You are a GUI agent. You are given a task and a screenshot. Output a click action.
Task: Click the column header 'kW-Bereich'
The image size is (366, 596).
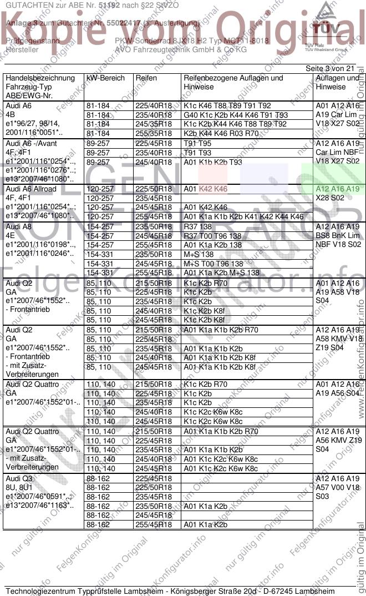click(x=105, y=78)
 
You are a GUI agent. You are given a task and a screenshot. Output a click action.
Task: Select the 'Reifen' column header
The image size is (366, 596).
click(x=146, y=78)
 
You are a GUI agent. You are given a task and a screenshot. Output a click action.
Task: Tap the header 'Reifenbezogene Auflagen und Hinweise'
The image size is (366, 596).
click(x=233, y=83)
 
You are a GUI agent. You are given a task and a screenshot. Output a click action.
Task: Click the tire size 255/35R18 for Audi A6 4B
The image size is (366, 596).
click(x=154, y=133)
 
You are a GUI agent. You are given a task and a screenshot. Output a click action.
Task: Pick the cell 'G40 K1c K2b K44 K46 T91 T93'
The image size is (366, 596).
click(x=236, y=115)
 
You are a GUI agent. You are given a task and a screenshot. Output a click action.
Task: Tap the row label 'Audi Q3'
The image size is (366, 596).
click(x=19, y=478)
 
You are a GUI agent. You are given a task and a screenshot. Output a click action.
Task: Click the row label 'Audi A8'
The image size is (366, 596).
click(x=19, y=227)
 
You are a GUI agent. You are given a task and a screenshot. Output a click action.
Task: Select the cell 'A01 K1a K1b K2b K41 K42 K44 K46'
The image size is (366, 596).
click(x=243, y=216)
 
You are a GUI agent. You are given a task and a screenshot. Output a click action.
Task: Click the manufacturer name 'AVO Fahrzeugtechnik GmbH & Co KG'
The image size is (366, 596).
click(x=180, y=49)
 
